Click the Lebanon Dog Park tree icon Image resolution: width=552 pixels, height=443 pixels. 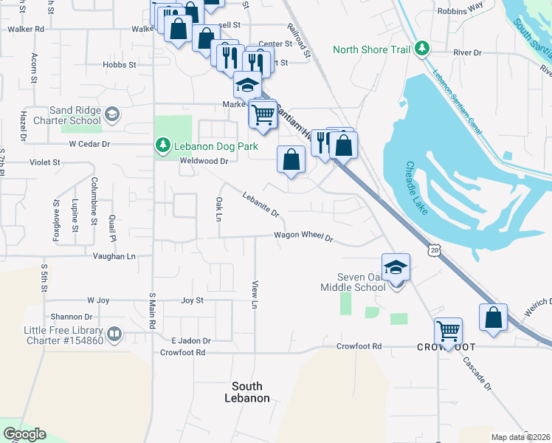tap(162, 146)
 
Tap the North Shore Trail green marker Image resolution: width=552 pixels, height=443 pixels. tap(421, 49)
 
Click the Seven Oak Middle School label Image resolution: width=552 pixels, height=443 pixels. tap(353, 281)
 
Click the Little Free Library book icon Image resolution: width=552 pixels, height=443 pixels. tap(114, 334)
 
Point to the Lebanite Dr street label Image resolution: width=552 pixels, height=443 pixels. tap(261, 205)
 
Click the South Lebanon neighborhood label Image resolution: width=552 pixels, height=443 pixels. tap(246, 392)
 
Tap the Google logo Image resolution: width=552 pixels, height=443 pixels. tap(24, 434)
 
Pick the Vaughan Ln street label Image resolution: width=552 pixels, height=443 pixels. tap(114, 256)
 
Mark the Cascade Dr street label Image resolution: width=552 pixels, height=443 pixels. tap(477, 374)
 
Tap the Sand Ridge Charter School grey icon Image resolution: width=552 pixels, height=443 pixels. tap(111, 114)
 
